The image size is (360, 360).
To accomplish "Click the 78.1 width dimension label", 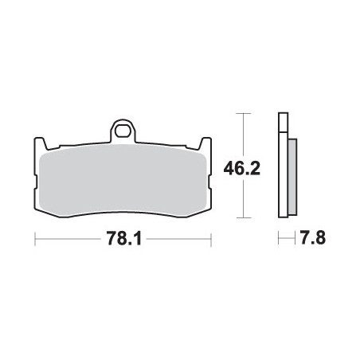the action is pyautogui.click(x=124, y=238).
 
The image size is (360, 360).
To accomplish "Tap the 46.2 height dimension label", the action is pyautogui.click(x=242, y=168).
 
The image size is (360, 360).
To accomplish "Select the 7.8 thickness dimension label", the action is pyautogui.click(x=312, y=237).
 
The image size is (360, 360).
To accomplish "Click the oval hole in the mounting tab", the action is pyautogui.click(x=123, y=131).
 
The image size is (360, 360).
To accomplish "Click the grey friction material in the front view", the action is pyautogui.click(x=123, y=181).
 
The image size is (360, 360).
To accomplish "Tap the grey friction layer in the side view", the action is pyautogui.click(x=292, y=177).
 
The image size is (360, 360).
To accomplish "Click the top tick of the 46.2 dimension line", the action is pyautogui.click(x=244, y=113).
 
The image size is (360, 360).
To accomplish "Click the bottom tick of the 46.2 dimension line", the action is pyautogui.click(x=244, y=217).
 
